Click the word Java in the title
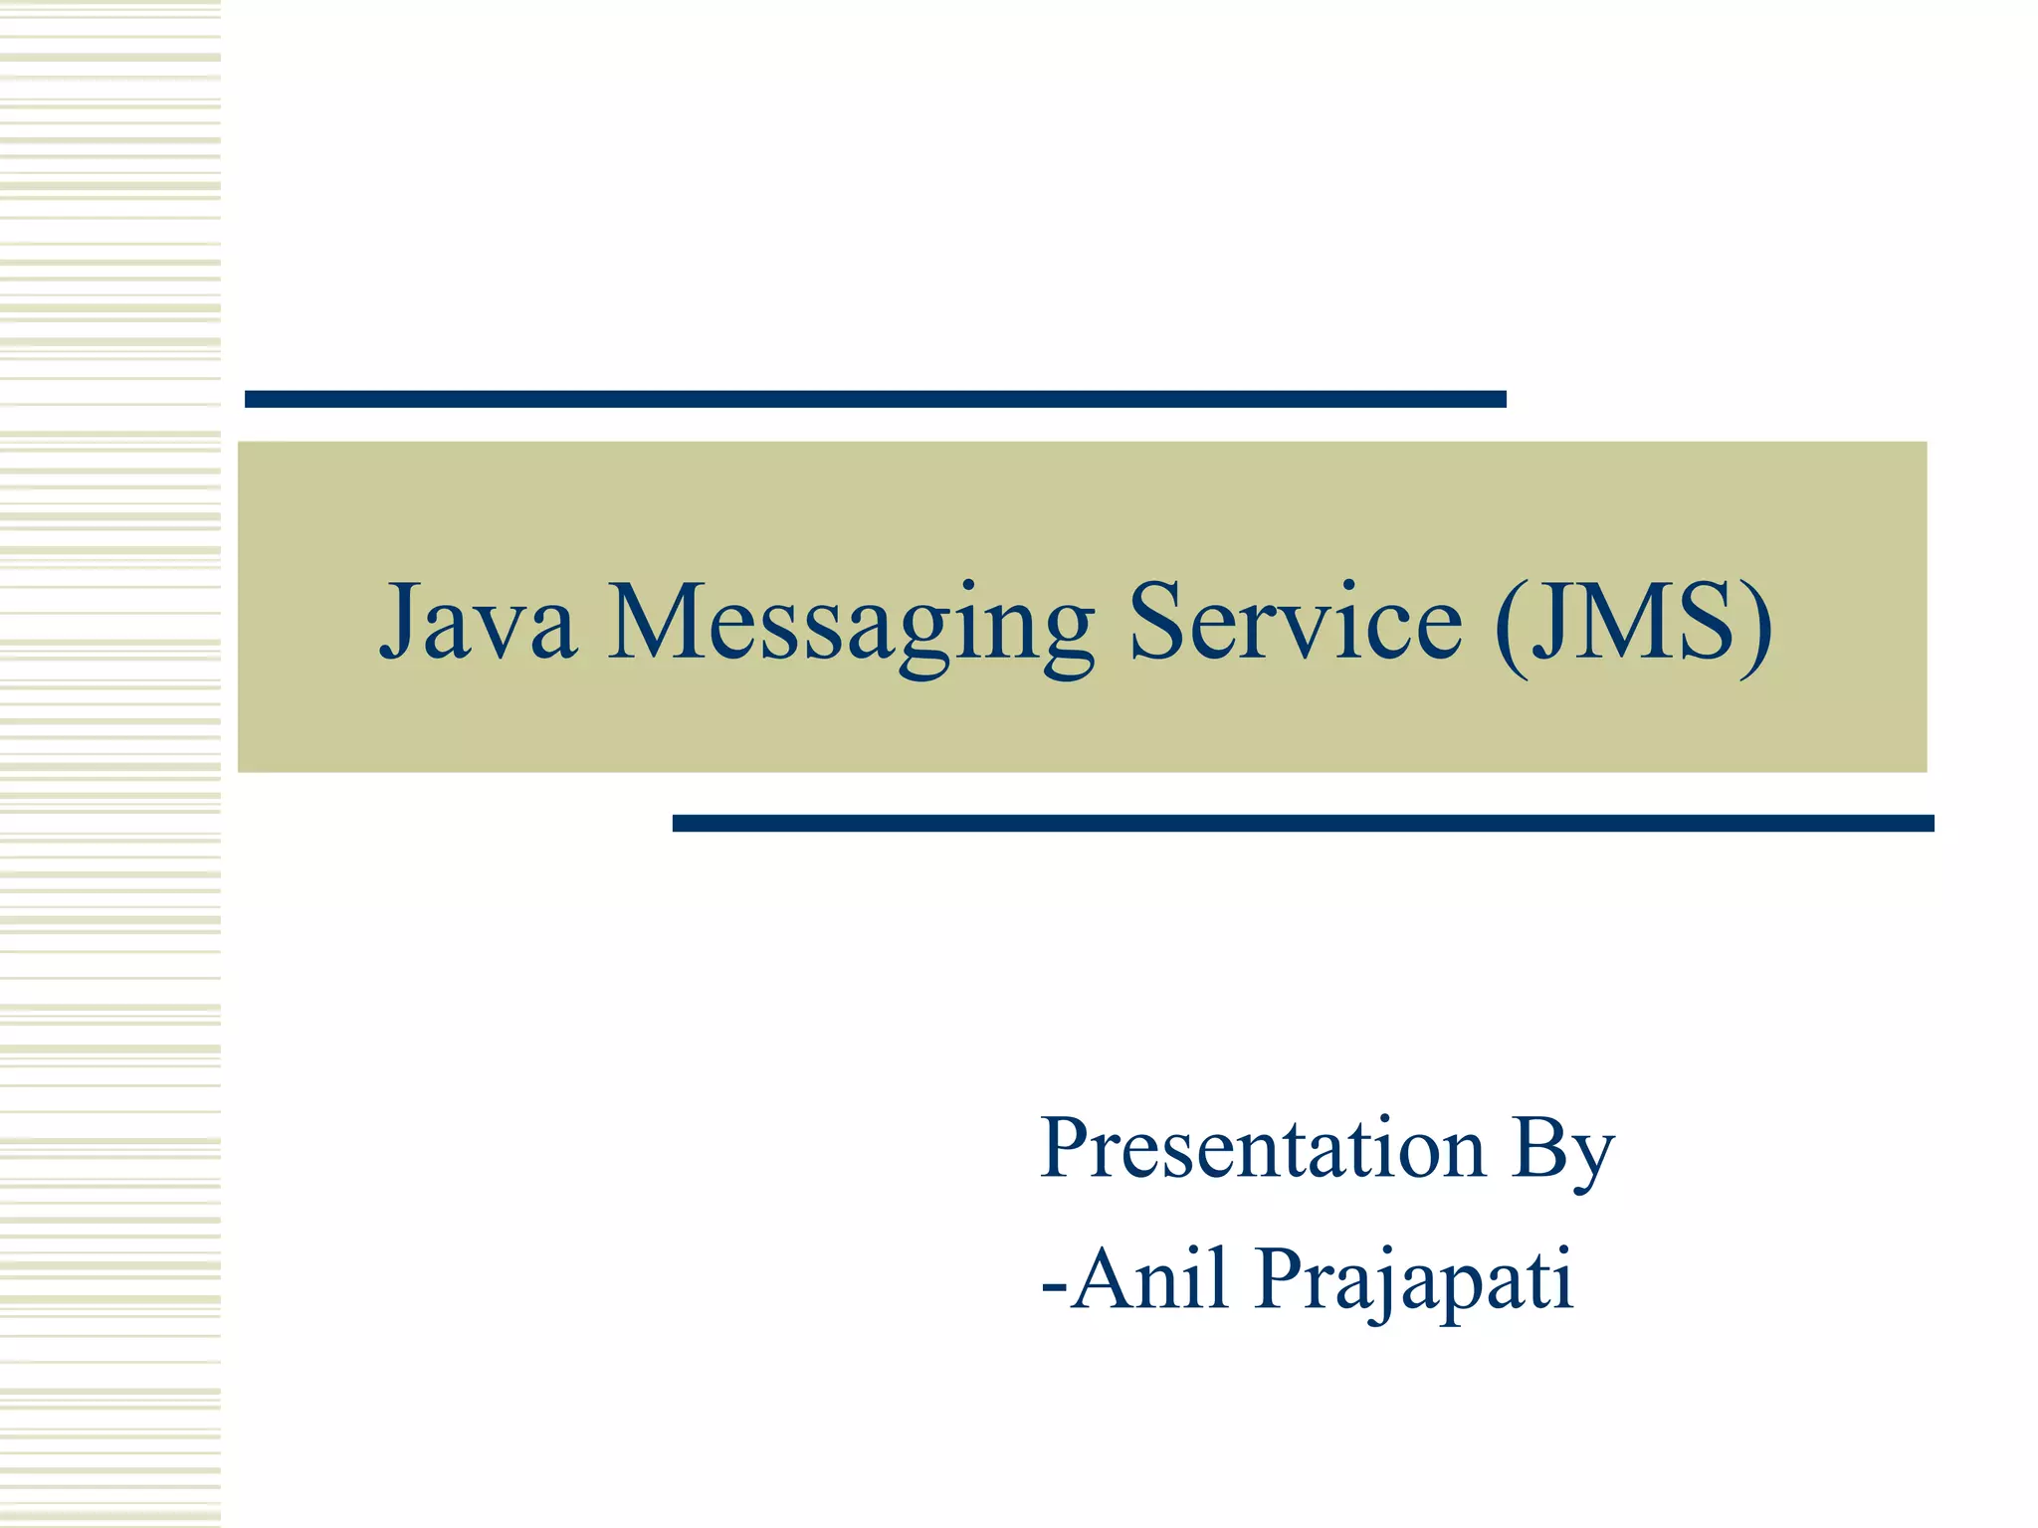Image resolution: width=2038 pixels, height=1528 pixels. [x=479, y=622]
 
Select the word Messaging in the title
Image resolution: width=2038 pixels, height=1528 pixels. [x=851, y=625]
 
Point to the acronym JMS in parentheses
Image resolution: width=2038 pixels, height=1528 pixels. [x=1632, y=622]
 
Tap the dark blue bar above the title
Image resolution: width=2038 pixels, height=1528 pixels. [x=875, y=399]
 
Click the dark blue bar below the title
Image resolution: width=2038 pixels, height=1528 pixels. [x=1303, y=823]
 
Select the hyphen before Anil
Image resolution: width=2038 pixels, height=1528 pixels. [x=1054, y=1283]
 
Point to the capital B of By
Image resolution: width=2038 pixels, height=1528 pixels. [x=1537, y=1148]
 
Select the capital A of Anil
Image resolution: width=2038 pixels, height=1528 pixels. [x=1105, y=1277]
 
